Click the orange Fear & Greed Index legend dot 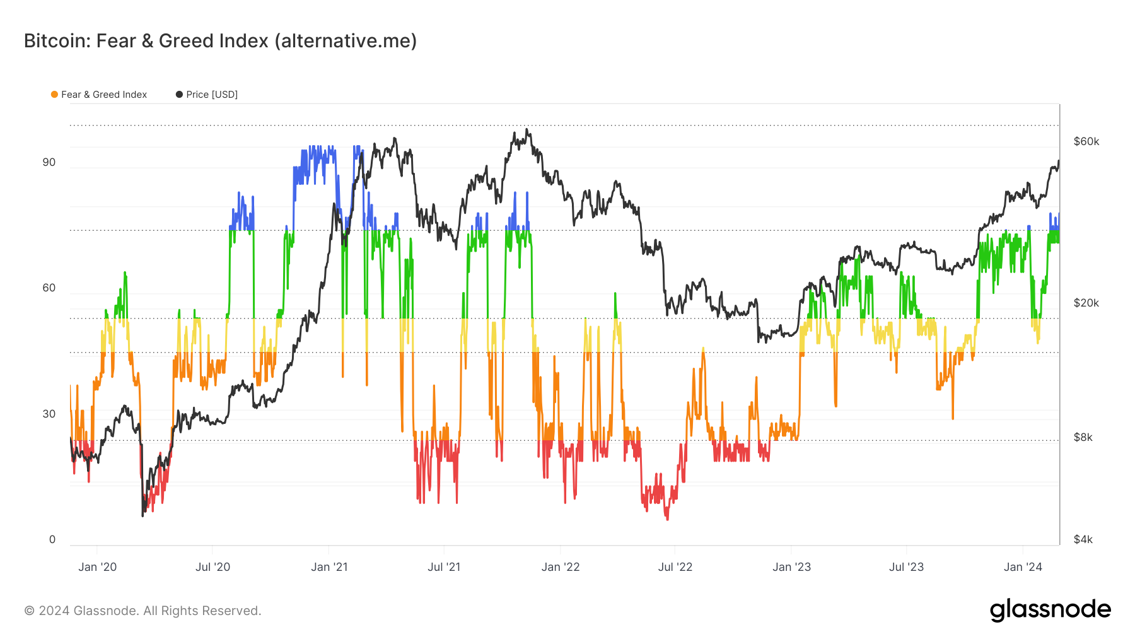tap(55, 95)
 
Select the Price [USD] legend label tap(212, 95)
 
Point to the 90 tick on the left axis tap(49, 162)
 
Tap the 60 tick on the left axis tap(49, 288)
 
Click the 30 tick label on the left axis tap(49, 414)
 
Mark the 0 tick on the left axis tap(52, 539)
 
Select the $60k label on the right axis tap(1086, 141)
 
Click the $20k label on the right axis tap(1086, 303)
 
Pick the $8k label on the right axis tap(1083, 437)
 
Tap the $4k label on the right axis tap(1083, 539)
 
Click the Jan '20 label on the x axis tap(97, 567)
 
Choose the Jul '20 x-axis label tap(212, 567)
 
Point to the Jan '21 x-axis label tap(329, 567)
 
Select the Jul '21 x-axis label tap(444, 567)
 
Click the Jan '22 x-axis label tap(561, 567)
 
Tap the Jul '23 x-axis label tap(906, 567)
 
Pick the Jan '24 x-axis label tap(1023, 567)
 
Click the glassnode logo tap(1050, 610)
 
